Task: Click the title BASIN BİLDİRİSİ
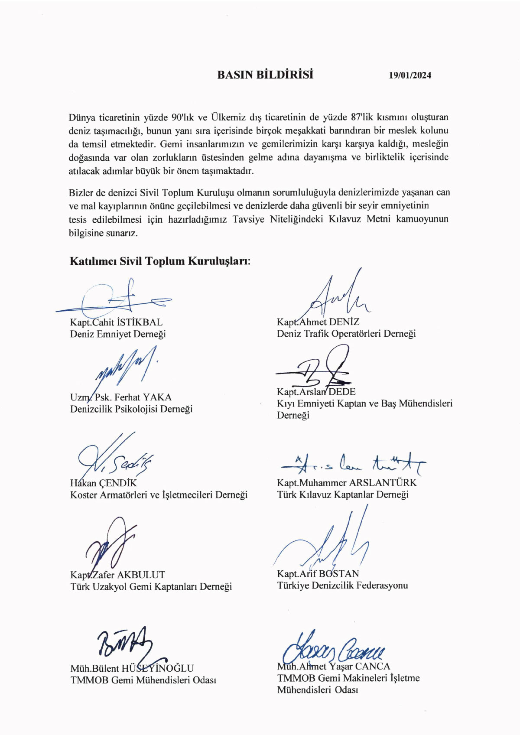coord(265,75)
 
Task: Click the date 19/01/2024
coord(410,75)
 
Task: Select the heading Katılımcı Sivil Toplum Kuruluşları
coord(160,261)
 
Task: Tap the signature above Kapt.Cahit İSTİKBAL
coord(117,299)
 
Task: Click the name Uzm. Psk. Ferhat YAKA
coord(121,397)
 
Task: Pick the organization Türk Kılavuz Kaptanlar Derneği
coord(343,494)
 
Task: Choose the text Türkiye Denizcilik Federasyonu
coord(342,585)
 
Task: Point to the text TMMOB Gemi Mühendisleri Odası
coord(143,680)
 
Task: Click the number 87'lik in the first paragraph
coord(362,117)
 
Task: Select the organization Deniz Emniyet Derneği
coord(118,334)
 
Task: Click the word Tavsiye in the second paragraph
coord(248,219)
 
